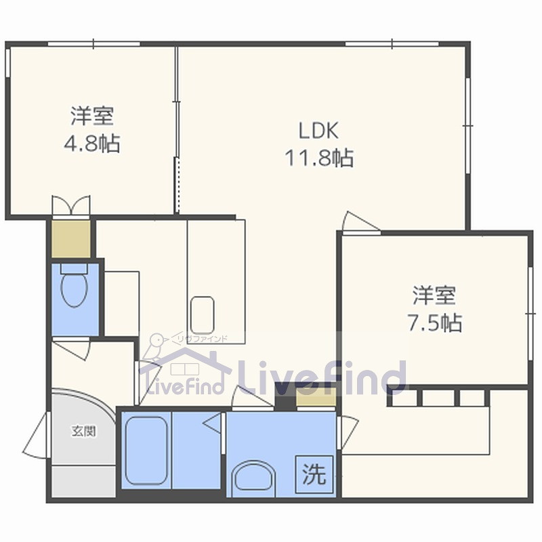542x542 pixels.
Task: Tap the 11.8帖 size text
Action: [318, 159]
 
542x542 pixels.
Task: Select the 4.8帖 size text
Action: [91, 144]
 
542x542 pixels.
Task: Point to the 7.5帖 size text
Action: [434, 323]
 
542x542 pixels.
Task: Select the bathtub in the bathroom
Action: [146, 450]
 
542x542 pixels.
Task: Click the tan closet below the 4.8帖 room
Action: [70, 238]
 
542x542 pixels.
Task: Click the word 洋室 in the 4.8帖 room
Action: [91, 116]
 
